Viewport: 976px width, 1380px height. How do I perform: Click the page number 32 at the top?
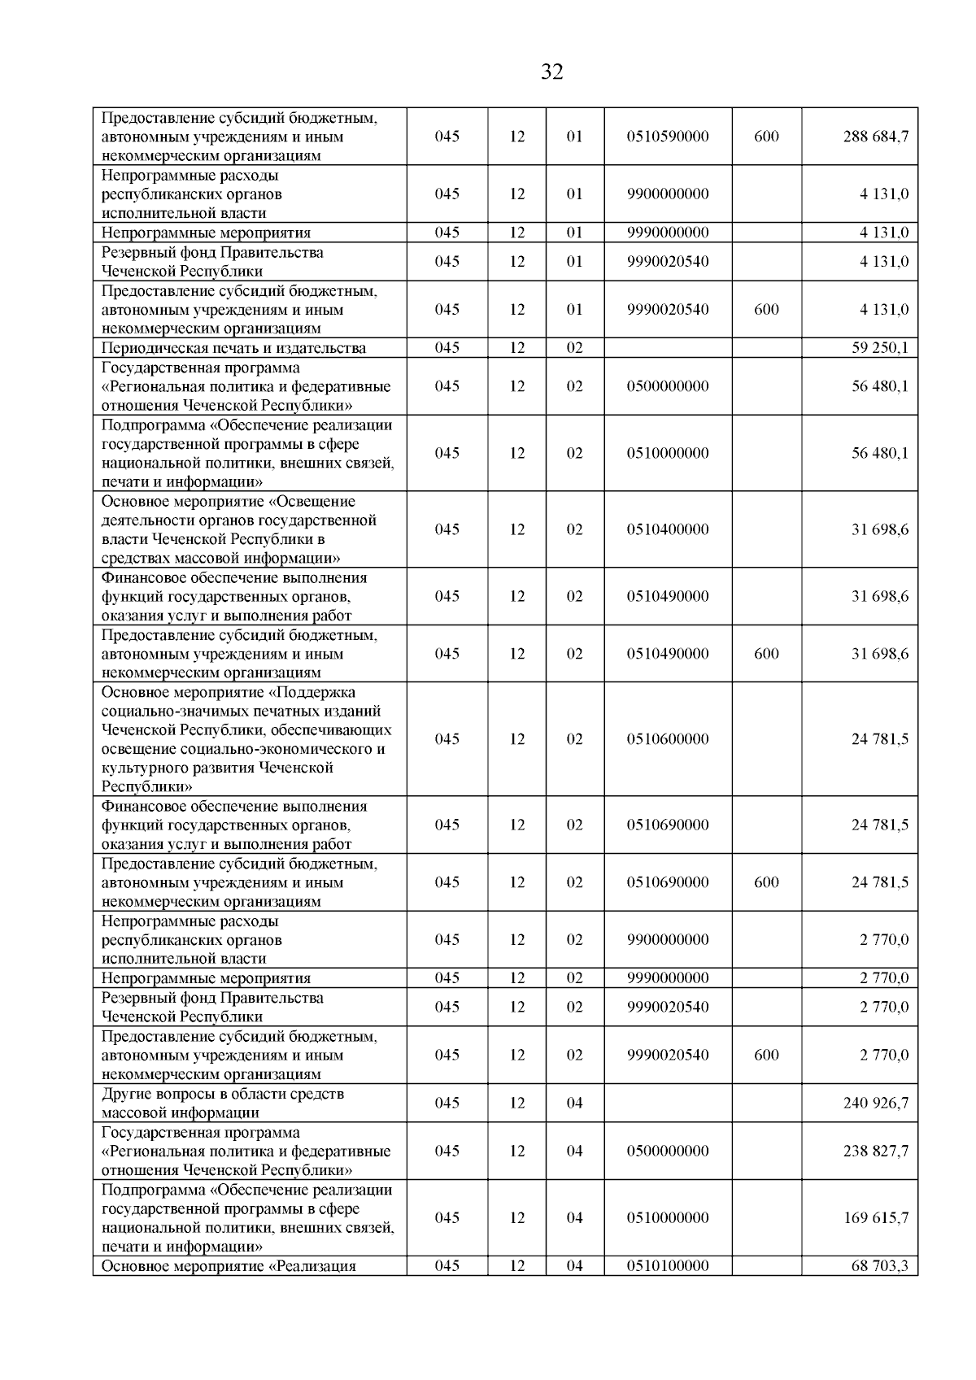pos(551,72)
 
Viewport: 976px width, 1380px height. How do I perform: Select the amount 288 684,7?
pos(876,137)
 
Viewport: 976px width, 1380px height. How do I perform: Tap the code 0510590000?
pos(668,137)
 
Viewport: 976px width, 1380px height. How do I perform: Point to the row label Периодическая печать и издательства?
pos(233,348)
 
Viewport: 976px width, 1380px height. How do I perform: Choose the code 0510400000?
pos(668,529)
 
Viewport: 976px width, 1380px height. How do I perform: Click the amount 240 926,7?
pos(876,1103)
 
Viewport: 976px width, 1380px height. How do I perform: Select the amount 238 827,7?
pos(876,1151)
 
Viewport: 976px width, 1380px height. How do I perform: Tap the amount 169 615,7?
pos(876,1217)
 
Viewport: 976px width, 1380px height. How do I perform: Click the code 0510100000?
pos(668,1266)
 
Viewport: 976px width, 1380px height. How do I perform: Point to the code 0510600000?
pos(668,739)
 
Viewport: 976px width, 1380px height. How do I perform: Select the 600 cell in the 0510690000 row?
pos(766,882)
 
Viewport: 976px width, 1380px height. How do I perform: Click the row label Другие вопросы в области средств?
pos(223,1094)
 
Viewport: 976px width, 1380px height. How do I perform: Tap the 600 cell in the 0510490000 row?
pos(766,654)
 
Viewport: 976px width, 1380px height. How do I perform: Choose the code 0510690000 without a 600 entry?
pos(668,825)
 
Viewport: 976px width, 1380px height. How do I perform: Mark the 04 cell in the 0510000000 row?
pos(574,1217)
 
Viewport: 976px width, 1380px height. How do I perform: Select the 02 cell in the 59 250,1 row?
pos(574,348)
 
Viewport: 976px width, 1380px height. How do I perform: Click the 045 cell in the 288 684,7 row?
pos(447,137)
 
